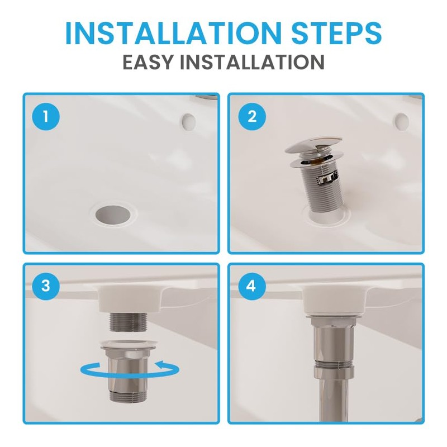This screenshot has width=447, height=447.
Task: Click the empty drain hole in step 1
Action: coord(112,213)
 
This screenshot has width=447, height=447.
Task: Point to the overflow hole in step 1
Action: coord(189,120)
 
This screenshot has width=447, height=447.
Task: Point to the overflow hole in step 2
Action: coord(401,120)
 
